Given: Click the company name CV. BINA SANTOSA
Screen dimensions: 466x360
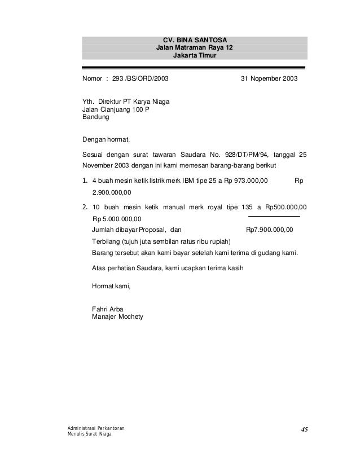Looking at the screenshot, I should (195, 40).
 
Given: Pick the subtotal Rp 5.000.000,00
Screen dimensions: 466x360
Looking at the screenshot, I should (117, 219).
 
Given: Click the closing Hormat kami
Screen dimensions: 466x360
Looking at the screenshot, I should (111, 287).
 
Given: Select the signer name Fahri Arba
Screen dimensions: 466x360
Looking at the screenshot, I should (107, 309).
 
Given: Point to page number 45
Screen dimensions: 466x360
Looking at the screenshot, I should (304, 430).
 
